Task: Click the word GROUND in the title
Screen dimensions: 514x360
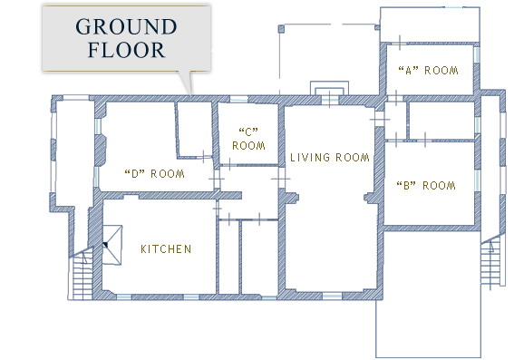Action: click(126, 26)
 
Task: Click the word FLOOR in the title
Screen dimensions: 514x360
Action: click(126, 50)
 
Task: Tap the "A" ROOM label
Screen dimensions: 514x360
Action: click(428, 71)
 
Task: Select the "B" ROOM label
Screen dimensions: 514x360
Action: click(426, 186)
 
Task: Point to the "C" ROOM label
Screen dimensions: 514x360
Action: click(248, 139)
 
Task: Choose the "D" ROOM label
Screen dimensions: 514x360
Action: click(155, 173)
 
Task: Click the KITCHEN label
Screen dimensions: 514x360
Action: click(166, 249)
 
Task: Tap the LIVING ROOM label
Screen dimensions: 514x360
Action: click(330, 158)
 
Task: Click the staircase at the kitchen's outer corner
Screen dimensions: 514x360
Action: click(81, 275)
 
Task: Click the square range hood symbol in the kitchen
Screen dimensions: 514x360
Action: click(112, 245)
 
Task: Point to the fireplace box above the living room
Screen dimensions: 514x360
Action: click(329, 89)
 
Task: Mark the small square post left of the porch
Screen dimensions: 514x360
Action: click(281, 29)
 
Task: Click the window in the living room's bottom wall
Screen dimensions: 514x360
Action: click(332, 297)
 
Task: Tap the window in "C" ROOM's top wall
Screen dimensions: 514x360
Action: click(238, 99)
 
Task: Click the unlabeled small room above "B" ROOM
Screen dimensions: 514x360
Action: click(441, 121)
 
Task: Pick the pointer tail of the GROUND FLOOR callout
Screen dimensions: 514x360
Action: click(188, 83)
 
